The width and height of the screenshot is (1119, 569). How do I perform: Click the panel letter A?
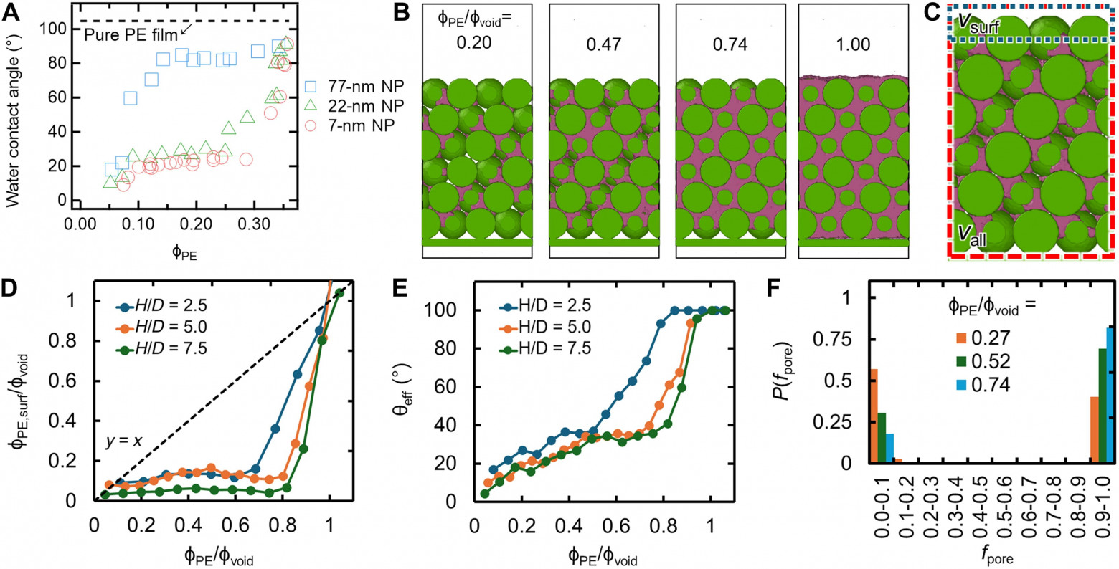[x=12, y=11]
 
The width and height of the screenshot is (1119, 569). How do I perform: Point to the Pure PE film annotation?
[x=131, y=35]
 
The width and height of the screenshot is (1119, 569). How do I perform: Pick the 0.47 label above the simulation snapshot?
[x=603, y=44]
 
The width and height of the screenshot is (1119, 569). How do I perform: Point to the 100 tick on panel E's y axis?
[x=453, y=310]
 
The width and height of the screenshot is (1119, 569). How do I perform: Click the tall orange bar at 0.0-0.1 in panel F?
[x=874, y=416]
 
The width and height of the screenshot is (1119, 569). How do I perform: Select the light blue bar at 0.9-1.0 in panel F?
[x=1110, y=395]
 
